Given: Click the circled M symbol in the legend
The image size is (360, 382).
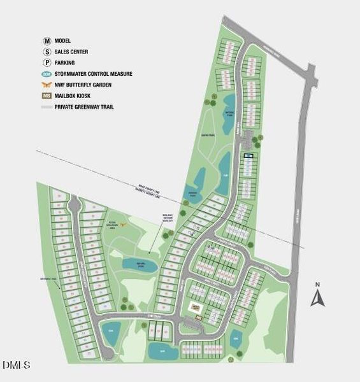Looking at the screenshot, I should click(47, 40).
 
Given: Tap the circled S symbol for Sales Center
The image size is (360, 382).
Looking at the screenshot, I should click(47, 52).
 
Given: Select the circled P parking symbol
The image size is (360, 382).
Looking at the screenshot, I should click(47, 62).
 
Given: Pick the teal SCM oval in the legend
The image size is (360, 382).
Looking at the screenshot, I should click(47, 74).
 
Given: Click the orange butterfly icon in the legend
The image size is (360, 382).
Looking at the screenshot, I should click(47, 85).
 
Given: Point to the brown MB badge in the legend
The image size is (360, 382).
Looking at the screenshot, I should click(47, 96).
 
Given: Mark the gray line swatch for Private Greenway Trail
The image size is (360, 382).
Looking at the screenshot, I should click(47, 107).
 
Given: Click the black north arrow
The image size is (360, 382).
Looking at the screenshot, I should click(318, 297).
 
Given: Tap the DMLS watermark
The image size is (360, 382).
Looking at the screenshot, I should click(17, 365).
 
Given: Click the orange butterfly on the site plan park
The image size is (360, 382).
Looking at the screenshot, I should click(125, 223).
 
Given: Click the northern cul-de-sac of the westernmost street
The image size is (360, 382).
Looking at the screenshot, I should click(75, 205).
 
